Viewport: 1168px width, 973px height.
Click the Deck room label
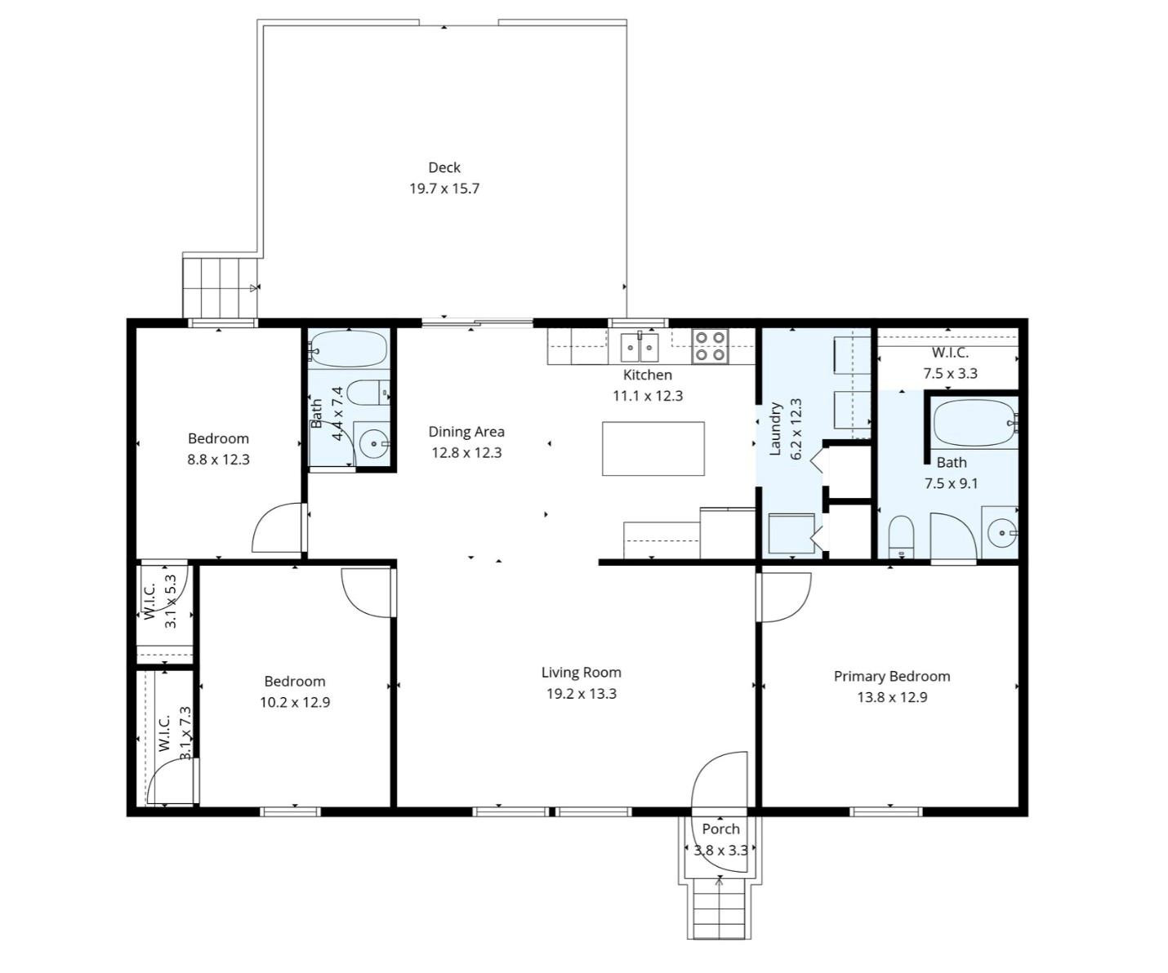(444, 167)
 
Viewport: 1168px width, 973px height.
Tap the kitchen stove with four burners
(711, 346)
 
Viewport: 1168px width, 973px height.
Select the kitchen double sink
(640, 347)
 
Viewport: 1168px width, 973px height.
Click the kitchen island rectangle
(653, 448)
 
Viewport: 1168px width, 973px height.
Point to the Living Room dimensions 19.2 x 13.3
(581, 694)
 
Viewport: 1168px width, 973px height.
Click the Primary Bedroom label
(891, 676)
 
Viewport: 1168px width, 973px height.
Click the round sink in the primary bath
(1001, 533)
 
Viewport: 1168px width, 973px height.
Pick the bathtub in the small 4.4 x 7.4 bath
(349, 349)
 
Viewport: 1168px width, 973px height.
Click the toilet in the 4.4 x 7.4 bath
(368, 393)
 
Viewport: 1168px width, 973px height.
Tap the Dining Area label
(466, 432)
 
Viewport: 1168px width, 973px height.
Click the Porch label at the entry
(720, 829)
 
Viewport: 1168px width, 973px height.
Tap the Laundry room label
(776, 428)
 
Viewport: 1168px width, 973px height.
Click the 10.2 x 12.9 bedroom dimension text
(295, 702)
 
